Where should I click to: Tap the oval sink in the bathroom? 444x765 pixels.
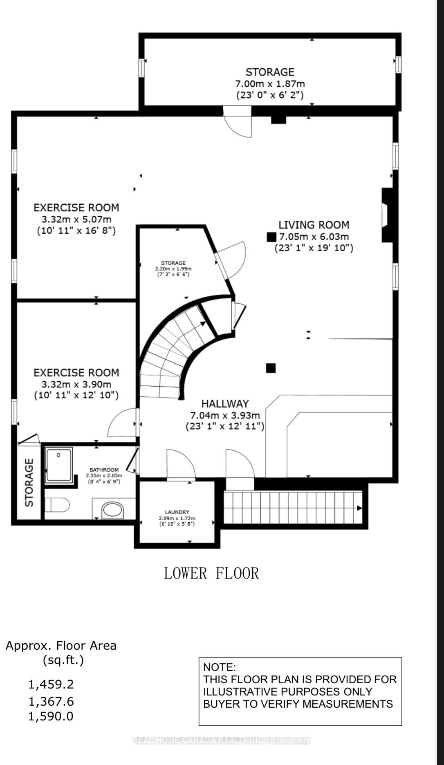112,510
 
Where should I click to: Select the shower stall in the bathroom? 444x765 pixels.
59,465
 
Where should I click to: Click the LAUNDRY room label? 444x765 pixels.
177,512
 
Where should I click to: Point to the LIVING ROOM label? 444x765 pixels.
314,225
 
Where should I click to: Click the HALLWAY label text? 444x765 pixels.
225,404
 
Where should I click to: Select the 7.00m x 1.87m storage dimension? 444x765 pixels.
270,84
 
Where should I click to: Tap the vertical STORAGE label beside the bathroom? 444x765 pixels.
29,483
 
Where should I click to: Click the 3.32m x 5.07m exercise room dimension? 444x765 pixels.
76,219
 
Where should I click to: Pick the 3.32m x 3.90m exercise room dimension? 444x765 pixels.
76,384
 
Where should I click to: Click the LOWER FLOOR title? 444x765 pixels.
211,573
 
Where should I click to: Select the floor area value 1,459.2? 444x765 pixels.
51,684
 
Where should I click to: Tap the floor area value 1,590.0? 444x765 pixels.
51,716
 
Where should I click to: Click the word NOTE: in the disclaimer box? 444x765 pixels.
220,667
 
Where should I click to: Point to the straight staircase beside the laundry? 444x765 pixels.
292,508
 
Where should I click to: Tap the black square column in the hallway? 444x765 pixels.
271,368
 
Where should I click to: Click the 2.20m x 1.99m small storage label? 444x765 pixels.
173,269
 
